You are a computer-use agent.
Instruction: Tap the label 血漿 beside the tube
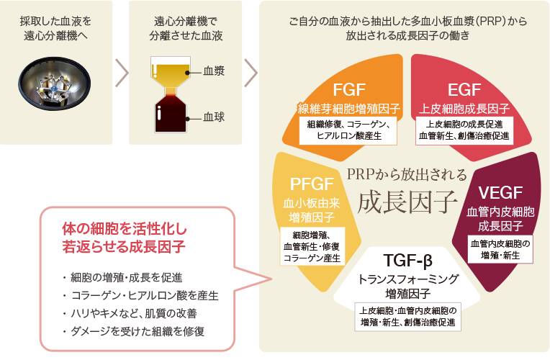pos(214,72)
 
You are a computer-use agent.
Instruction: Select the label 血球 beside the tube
pos(214,115)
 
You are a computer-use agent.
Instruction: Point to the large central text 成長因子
pos(407,198)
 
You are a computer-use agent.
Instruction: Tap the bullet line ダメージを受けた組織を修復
pos(134,332)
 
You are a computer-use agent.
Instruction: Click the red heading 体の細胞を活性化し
pos(124,231)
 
